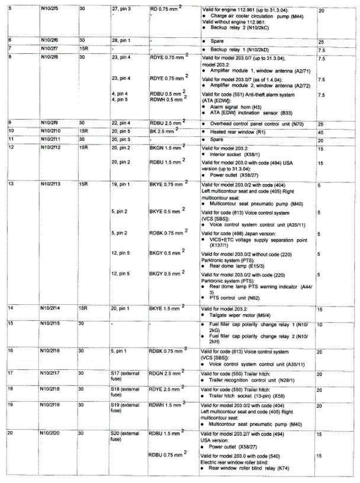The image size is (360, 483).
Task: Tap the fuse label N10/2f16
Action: click(51, 350)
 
